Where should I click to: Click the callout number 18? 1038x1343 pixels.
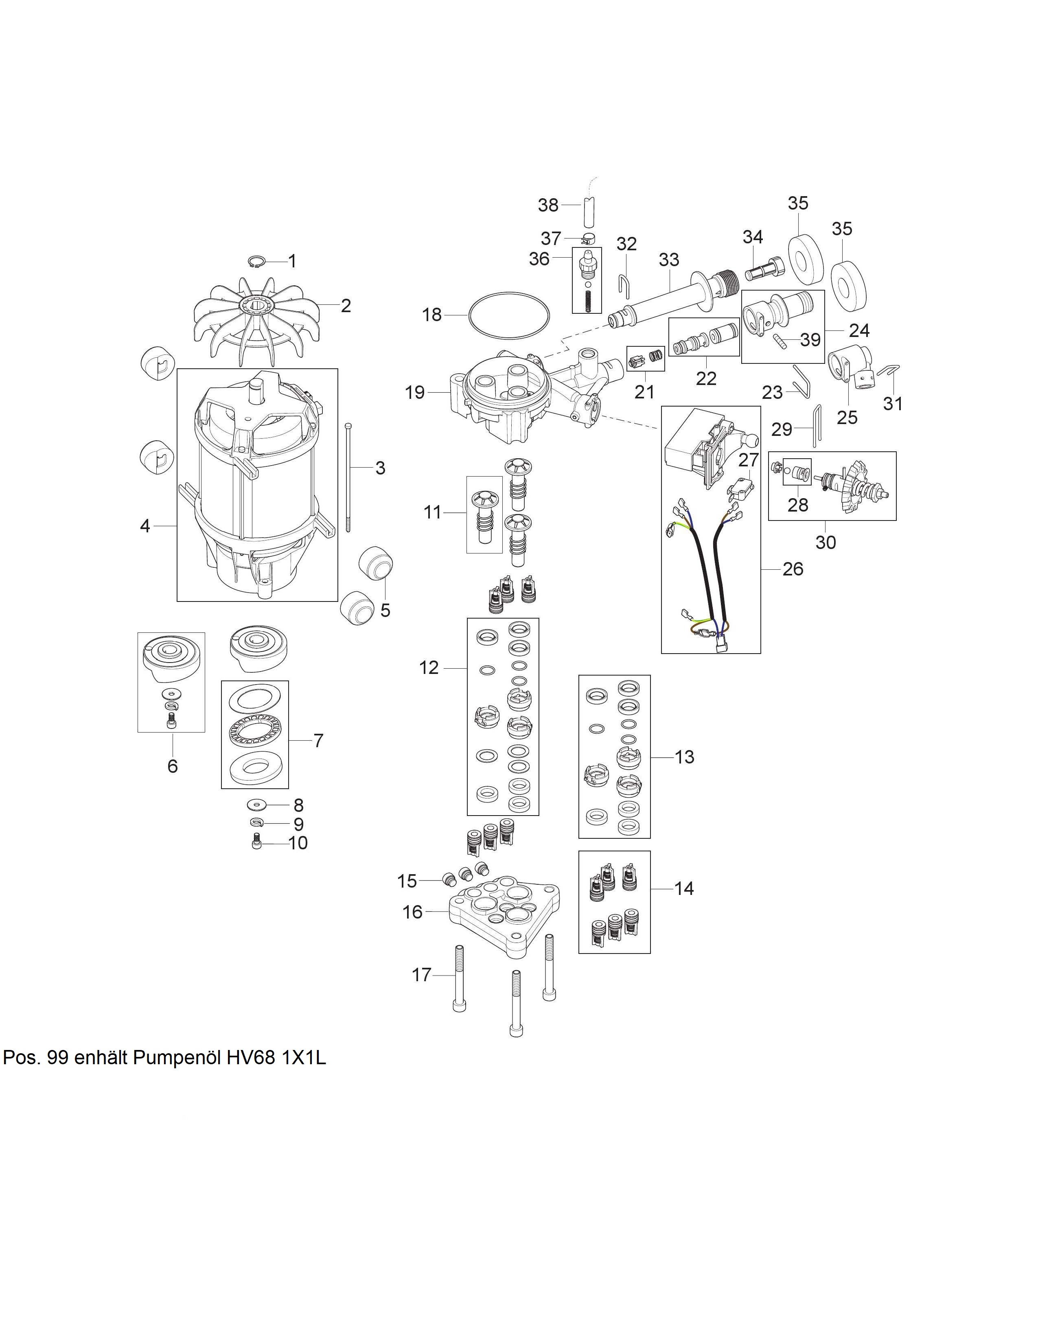(431, 315)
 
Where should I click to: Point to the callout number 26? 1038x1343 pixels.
(793, 569)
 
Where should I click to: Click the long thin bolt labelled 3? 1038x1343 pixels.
(349, 477)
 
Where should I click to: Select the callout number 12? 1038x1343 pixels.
(429, 668)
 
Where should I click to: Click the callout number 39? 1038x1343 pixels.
(810, 339)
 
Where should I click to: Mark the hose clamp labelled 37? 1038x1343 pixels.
(589, 238)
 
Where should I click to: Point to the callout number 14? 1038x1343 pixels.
(684, 888)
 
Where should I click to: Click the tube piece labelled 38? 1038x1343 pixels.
(589, 210)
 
